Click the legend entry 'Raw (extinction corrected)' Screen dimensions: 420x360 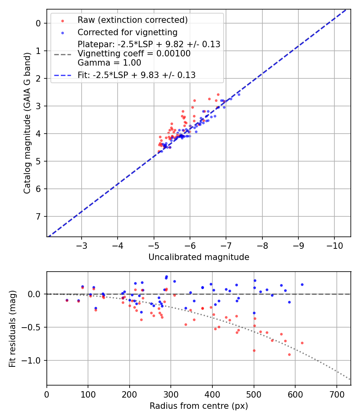[132, 20]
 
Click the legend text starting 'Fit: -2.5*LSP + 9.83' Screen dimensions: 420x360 [136, 75]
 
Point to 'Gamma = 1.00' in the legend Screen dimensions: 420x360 [109, 62]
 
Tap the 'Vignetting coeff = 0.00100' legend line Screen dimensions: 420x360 [134, 54]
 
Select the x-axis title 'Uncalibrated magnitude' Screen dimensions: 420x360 [199, 257]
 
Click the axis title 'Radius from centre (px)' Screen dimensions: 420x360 [199, 406]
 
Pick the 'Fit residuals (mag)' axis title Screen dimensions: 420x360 [12, 328]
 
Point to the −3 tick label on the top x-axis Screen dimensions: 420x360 [82, 244]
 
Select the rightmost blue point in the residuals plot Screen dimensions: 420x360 [302, 284]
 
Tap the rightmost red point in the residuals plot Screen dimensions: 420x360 [302, 343]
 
